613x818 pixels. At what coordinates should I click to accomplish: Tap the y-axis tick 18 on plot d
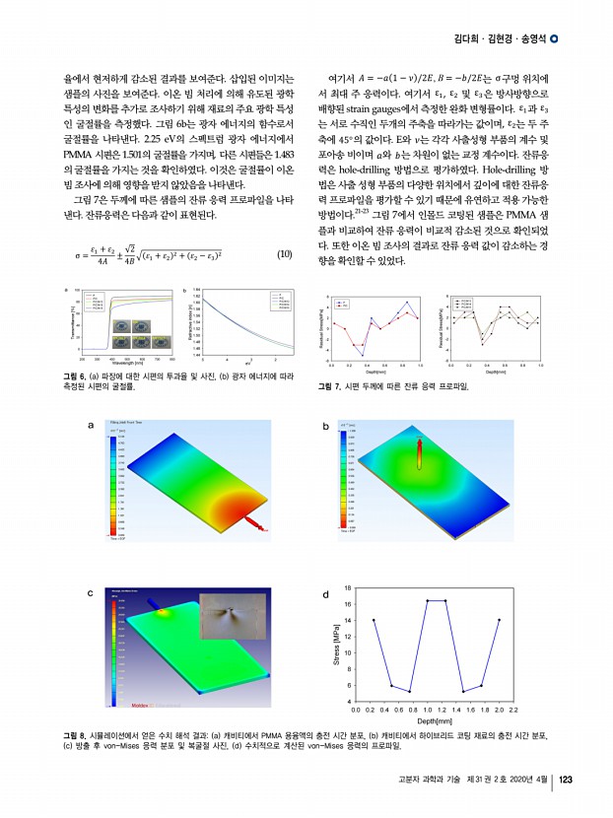348,588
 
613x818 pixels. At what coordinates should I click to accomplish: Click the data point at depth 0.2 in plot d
374,620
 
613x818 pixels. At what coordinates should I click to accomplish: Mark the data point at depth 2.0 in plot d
500,620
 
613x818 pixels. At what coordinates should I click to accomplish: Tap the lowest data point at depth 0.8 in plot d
410,691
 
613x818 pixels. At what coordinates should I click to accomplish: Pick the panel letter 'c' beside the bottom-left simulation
91,592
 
